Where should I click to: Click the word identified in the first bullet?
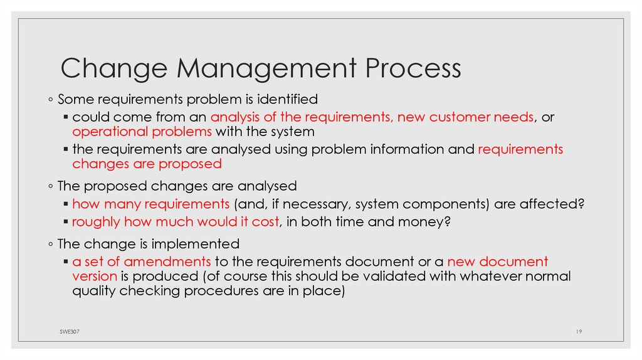[x=288, y=99]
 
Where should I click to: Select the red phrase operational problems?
[x=143, y=132]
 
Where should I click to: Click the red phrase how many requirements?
[x=151, y=204]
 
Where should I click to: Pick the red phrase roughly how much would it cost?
[x=178, y=221]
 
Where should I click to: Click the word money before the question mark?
[x=424, y=221]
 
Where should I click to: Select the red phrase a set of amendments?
[x=142, y=261]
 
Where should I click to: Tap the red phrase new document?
[x=498, y=261]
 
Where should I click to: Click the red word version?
[x=95, y=276]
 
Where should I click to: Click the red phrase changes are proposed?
[x=147, y=164]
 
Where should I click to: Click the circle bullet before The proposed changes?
[x=50, y=186]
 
